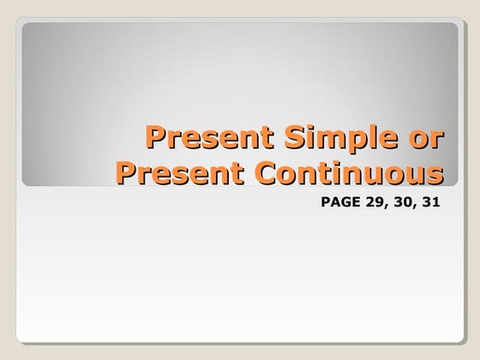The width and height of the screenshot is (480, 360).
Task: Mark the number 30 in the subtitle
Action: (399, 207)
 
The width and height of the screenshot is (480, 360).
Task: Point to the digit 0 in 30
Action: (404, 207)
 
